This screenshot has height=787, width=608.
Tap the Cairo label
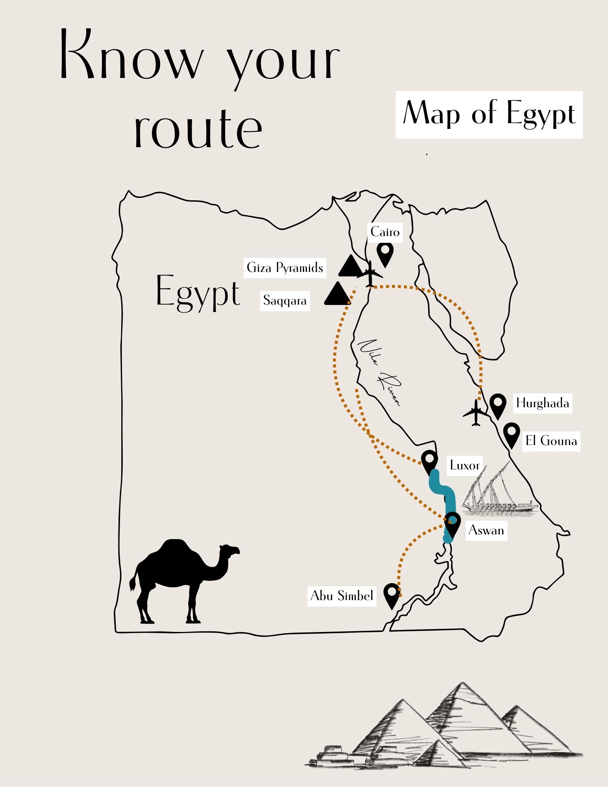click(385, 232)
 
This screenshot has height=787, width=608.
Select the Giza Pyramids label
click(285, 268)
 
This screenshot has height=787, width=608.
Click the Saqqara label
click(285, 301)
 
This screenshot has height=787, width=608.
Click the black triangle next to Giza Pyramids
click(350, 267)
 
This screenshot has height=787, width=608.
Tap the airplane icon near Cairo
click(370, 273)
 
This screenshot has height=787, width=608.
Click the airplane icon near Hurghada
click(475, 413)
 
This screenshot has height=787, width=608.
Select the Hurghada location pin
click(498, 405)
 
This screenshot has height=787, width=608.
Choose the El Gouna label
click(551, 440)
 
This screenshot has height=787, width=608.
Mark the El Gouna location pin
click(511, 434)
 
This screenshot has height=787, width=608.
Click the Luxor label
click(464, 466)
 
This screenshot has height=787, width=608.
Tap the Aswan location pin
click(452, 523)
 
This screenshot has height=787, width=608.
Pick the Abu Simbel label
click(342, 595)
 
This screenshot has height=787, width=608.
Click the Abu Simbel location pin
click(392, 595)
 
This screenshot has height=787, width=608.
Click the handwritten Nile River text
click(380, 372)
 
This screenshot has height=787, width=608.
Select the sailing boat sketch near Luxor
click(498, 492)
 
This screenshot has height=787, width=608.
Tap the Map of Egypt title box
click(489, 115)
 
